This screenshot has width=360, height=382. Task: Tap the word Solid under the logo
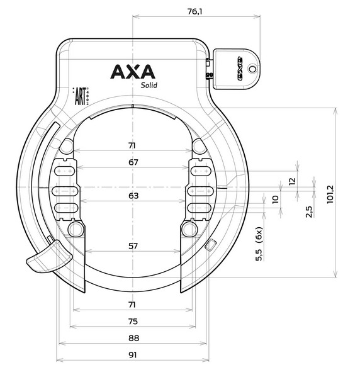pyautogui.click(x=149, y=86)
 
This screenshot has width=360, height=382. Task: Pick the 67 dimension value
pyautogui.click(x=133, y=162)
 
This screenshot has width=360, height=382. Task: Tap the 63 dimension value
pyautogui.click(x=133, y=196)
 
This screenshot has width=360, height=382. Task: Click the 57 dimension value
pyautogui.click(x=133, y=246)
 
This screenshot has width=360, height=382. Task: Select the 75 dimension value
pyautogui.click(x=133, y=321)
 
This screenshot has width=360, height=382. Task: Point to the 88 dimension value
pyautogui.click(x=133, y=338)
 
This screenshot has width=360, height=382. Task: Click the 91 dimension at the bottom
pyautogui.click(x=133, y=355)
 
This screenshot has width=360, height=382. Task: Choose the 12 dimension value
pyautogui.click(x=291, y=181)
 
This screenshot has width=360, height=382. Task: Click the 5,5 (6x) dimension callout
pyautogui.click(x=259, y=244)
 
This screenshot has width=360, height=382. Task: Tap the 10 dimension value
pyautogui.click(x=274, y=201)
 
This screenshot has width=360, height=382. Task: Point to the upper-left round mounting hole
pyautogui.click(x=66, y=147)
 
